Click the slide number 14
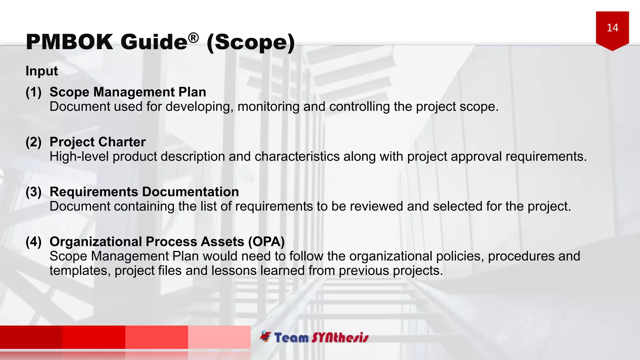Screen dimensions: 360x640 click(612, 28)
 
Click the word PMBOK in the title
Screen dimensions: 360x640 click(69, 42)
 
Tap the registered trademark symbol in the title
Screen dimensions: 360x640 click(193, 38)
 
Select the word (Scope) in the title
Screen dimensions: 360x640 click(251, 42)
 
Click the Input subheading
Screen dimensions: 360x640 click(42, 71)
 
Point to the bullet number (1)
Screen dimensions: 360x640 click(33, 92)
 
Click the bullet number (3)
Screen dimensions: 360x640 click(33, 192)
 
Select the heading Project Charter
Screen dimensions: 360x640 click(97, 142)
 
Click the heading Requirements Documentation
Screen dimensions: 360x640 click(144, 192)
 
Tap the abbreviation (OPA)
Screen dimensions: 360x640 click(266, 242)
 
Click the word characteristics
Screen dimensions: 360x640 click(297, 157)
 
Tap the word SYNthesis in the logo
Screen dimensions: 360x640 click(340, 338)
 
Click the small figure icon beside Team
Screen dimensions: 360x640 click(266, 336)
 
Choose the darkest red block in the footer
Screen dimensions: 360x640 click(31, 337)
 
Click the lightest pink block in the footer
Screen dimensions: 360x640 click(219, 337)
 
